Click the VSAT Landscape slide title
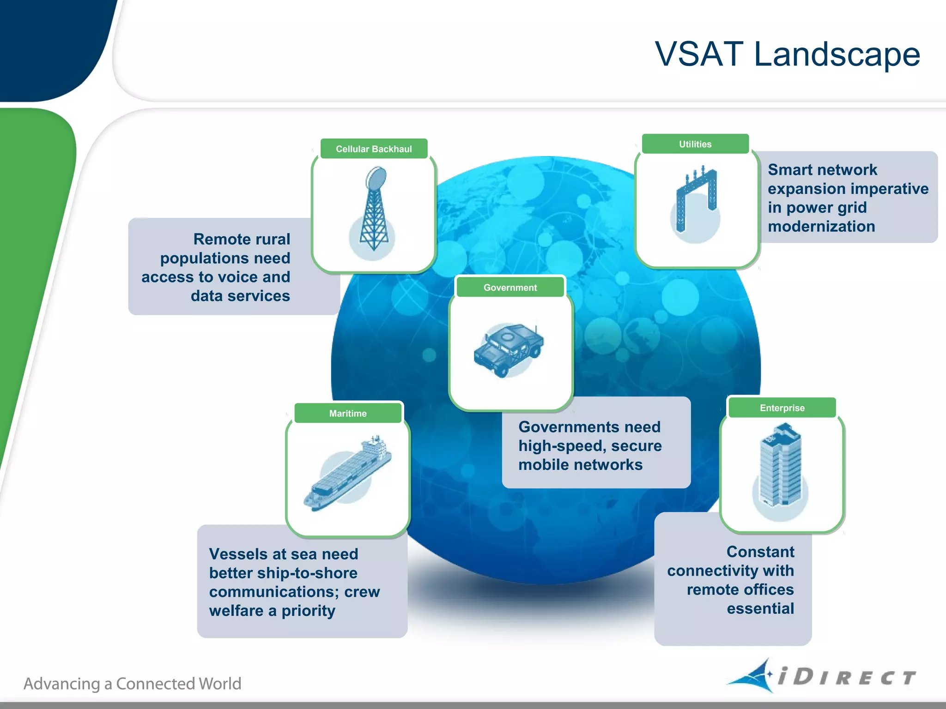click(787, 54)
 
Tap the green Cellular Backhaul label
click(374, 149)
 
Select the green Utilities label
click(695, 144)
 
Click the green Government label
click(510, 288)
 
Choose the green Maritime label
click(348, 414)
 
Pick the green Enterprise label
click(782, 408)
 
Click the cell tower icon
click(374, 210)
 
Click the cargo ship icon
click(348, 474)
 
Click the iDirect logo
click(822, 676)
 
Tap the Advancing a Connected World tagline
click(133, 684)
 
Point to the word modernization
click(821, 227)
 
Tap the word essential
click(760, 609)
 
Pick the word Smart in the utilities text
click(788, 170)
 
